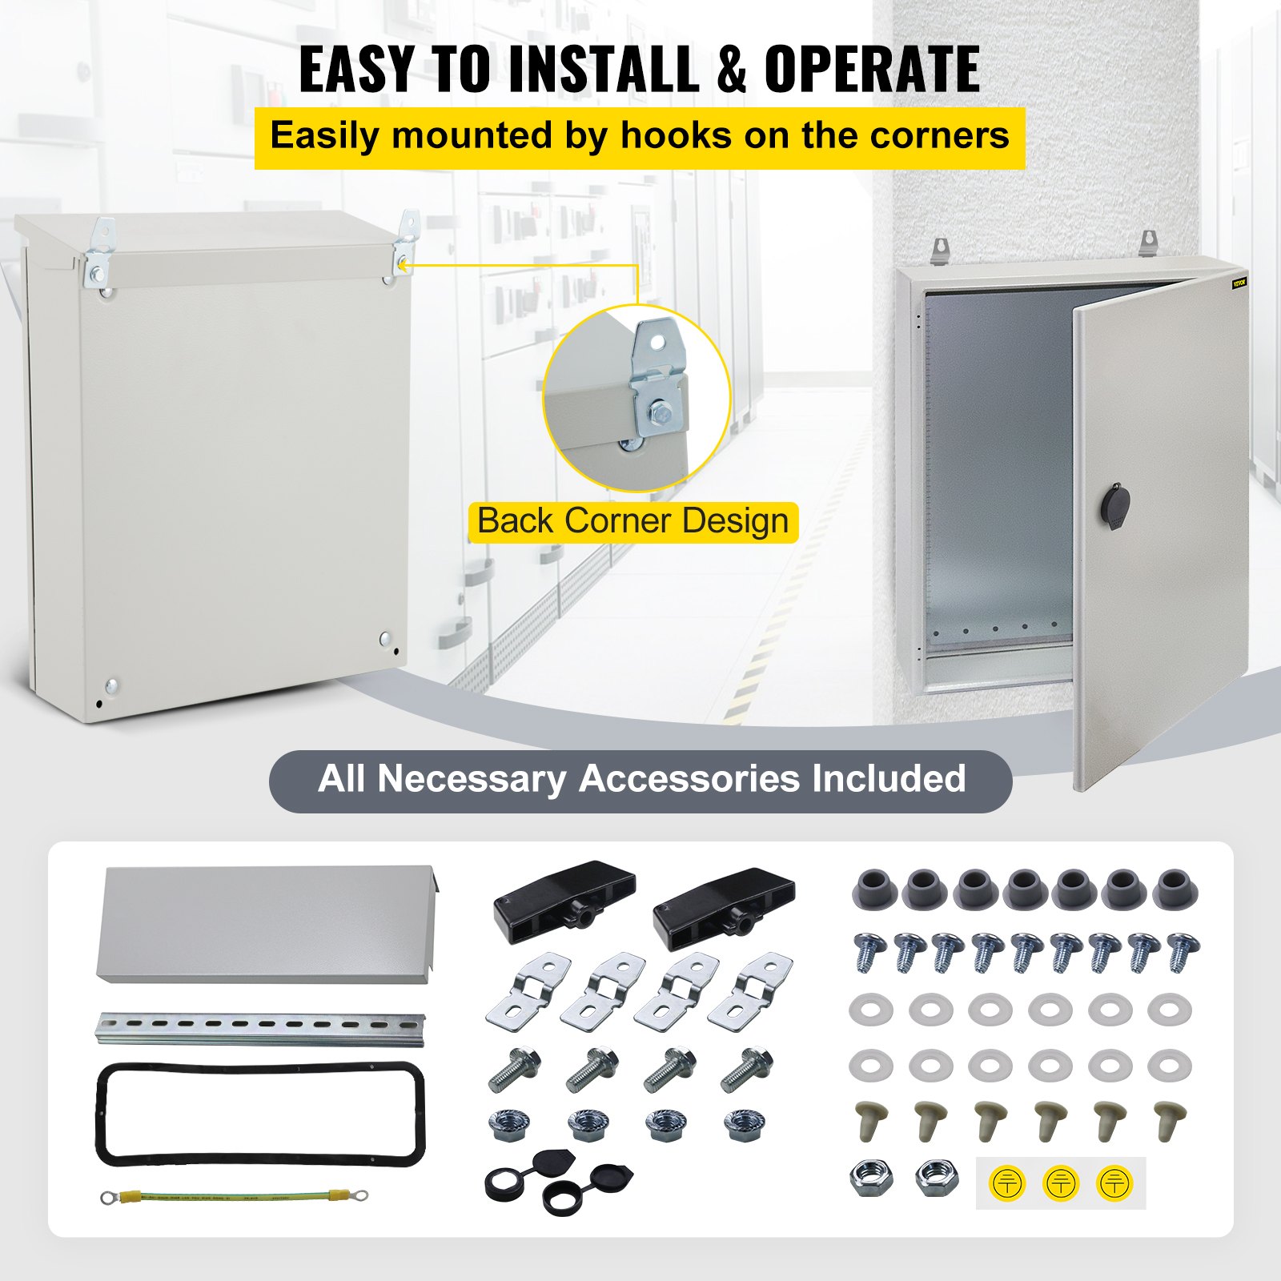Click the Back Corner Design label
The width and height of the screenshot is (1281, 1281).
click(x=632, y=521)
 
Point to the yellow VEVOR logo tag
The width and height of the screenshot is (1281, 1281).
click(x=1239, y=283)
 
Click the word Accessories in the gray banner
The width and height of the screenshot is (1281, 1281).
click(x=689, y=779)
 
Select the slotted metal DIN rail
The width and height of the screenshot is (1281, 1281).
click(x=260, y=1028)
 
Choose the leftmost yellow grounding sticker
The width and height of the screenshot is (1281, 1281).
click(x=1007, y=1183)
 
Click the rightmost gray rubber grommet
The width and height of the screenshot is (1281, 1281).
click(x=1175, y=889)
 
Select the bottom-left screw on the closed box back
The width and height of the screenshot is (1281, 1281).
click(x=111, y=686)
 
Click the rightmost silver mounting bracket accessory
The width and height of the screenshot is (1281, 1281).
click(x=750, y=991)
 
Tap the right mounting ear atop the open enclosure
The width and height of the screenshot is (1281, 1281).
click(x=1149, y=242)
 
